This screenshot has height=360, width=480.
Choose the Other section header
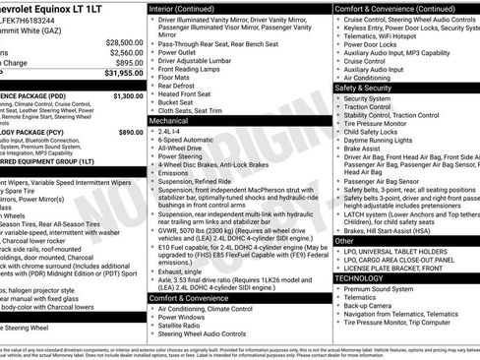coord(344,240)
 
